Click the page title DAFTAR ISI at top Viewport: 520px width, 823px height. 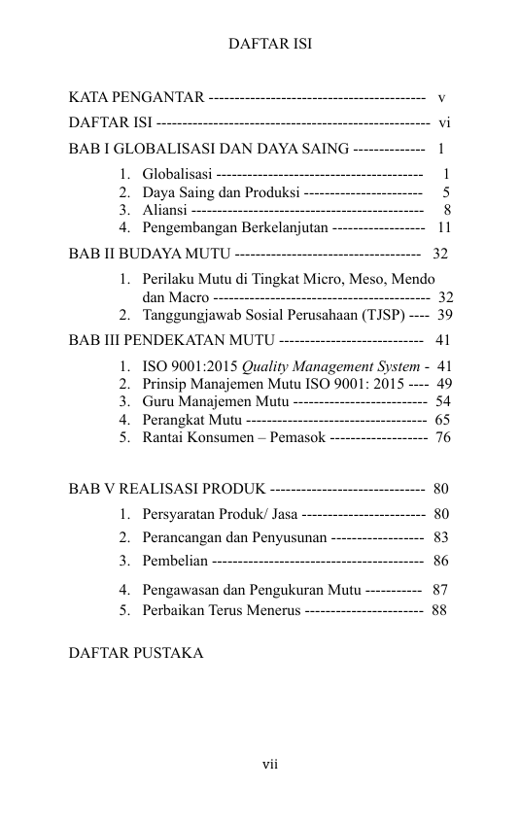pyautogui.click(x=269, y=45)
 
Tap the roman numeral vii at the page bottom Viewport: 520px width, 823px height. pyautogui.click(x=269, y=764)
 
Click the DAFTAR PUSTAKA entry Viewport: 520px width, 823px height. pyautogui.click(x=136, y=653)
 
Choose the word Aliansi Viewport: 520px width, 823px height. pyautogui.click(x=165, y=210)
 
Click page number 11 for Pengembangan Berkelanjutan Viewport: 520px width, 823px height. pyautogui.click(x=444, y=227)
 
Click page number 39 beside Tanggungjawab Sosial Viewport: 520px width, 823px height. pyautogui.click(x=444, y=315)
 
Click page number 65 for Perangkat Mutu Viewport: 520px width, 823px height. pyautogui.click(x=442, y=420)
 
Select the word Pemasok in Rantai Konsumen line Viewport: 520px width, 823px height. pyautogui.click(x=297, y=437)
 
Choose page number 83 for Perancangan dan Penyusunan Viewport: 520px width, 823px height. pyautogui.click(x=441, y=537)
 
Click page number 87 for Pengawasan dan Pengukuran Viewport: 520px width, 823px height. pyautogui.click(x=440, y=589)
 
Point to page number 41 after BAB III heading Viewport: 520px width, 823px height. pyautogui.click(x=442, y=341)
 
